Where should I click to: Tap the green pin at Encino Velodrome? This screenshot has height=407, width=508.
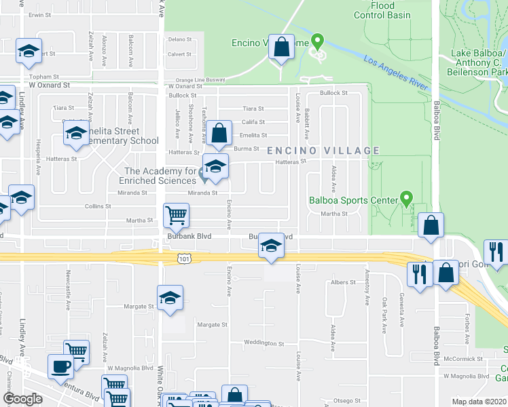[x=316, y=43]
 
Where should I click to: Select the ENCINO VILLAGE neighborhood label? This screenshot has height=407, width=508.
[x=323, y=151]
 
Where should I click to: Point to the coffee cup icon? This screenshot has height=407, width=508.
[x=60, y=366]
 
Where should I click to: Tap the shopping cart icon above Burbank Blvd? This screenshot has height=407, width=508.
[x=176, y=216]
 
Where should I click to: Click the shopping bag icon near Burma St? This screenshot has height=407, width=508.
[x=219, y=133]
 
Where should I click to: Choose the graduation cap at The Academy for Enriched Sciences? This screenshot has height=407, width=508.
[x=215, y=167]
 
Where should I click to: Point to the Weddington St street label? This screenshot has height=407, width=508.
[x=262, y=343]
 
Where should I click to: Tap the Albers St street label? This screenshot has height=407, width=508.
[x=343, y=282]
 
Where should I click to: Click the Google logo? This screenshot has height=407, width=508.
[x=22, y=399]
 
